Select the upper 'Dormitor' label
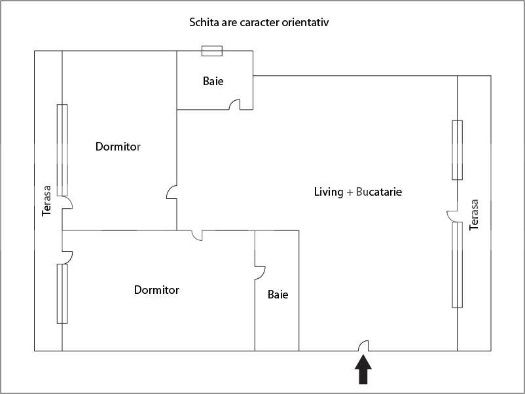118,147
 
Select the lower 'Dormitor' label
156,290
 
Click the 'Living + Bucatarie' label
357,192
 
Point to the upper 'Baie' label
213,82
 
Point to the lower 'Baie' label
278,295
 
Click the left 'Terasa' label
46,200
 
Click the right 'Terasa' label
475,215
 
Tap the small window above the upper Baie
212,51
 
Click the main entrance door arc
364,346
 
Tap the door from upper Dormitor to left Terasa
67,202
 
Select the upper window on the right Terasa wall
457,150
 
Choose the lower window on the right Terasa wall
457,265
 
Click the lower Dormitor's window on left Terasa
62,293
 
